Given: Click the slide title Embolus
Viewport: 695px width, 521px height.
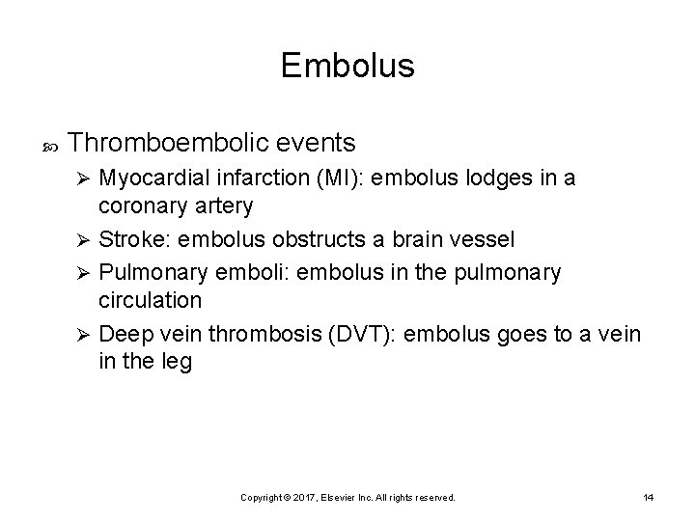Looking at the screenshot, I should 347,66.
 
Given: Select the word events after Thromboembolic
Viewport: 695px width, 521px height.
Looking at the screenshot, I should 314,144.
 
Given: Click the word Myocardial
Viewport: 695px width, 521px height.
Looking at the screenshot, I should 153,178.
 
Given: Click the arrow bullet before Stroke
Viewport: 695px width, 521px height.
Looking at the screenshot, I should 85,240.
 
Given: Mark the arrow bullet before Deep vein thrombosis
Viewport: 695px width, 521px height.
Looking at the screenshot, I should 85,335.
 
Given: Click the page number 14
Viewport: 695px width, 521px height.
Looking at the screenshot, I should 648,497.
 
